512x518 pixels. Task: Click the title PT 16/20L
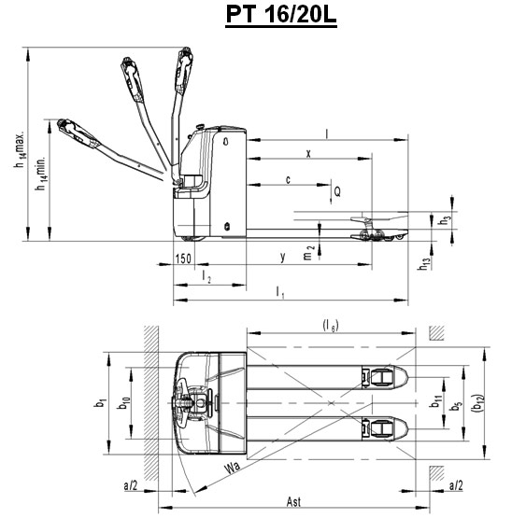click(281, 15)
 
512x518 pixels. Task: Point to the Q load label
click(337, 191)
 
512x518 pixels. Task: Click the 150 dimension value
click(183, 259)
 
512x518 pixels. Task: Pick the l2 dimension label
click(206, 276)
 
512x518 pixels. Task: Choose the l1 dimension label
click(280, 292)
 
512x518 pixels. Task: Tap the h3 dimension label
click(444, 220)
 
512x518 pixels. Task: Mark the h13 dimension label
click(425, 264)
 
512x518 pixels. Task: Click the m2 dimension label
click(308, 253)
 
